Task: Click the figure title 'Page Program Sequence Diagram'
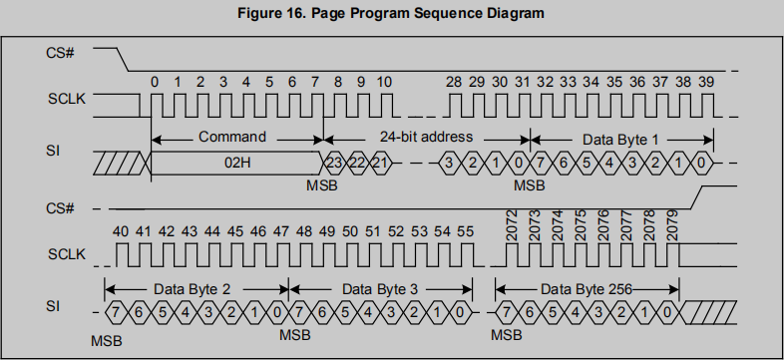tap(391, 13)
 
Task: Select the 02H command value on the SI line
tap(236, 160)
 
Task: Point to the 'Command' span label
tap(233, 137)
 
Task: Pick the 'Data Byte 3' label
tap(380, 288)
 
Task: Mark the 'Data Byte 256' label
tap(586, 288)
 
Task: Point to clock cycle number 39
tap(705, 81)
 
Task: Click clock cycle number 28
tap(454, 81)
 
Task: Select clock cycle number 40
tap(121, 231)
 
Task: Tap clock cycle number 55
tap(464, 231)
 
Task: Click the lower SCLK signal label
tap(64, 255)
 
